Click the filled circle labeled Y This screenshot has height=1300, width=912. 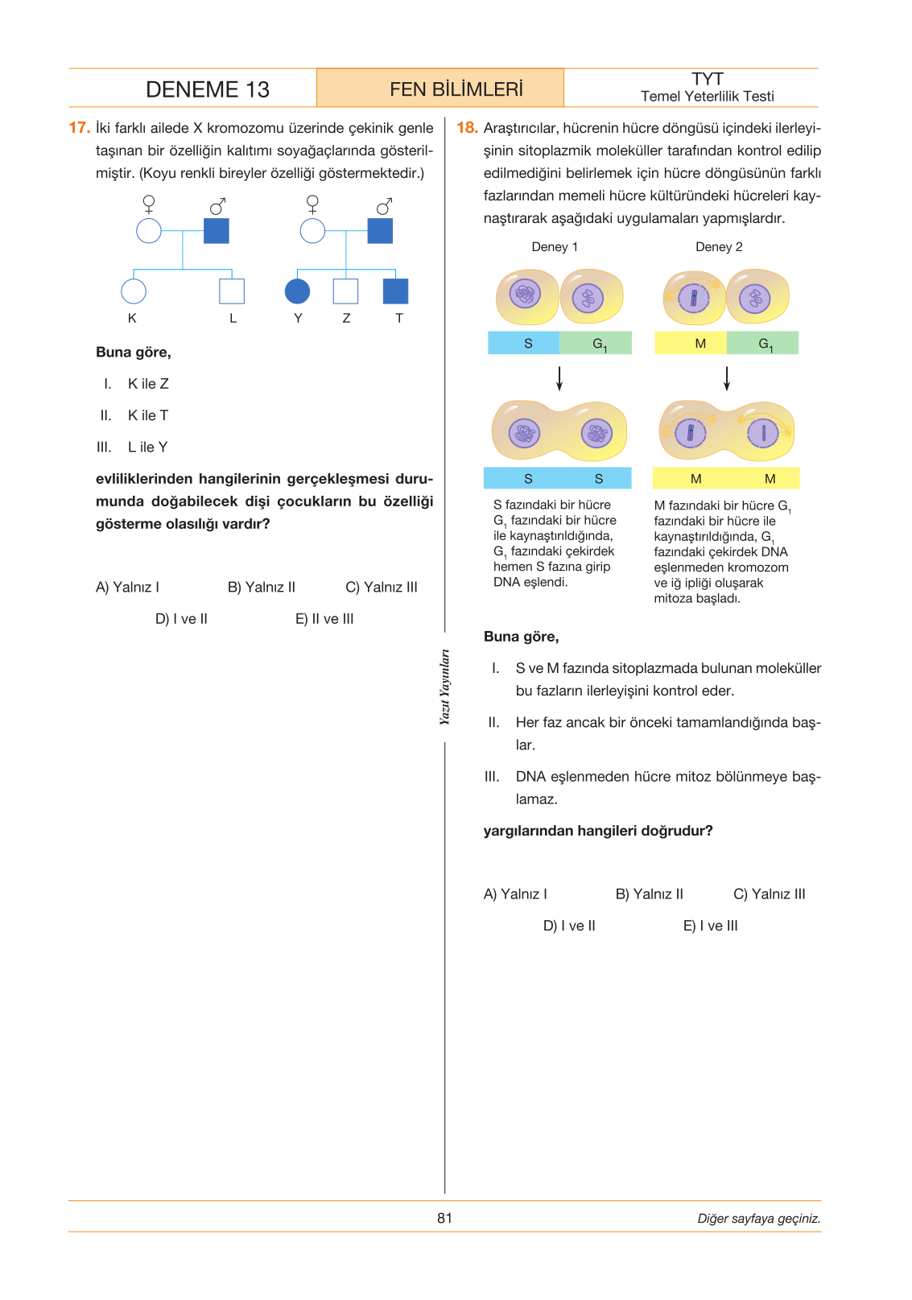[x=297, y=291]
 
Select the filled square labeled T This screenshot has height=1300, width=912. [x=395, y=291]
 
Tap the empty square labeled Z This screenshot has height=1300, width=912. [x=345, y=291]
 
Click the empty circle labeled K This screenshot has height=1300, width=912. [x=133, y=291]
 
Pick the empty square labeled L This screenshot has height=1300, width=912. [x=232, y=291]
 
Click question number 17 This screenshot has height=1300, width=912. [x=79, y=128]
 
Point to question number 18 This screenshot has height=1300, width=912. [x=467, y=128]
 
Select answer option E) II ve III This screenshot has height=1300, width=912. [x=324, y=619]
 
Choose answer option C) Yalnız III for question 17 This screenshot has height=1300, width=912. [x=381, y=587]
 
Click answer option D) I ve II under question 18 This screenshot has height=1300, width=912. [x=569, y=926]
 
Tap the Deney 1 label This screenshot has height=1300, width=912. [x=555, y=246]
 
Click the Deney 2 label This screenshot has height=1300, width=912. [x=719, y=246]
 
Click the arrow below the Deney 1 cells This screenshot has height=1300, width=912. [x=559, y=378]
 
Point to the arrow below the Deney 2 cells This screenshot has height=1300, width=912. [x=726, y=378]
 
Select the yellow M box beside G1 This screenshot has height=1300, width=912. [x=691, y=343]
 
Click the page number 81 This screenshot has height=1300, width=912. [x=444, y=1218]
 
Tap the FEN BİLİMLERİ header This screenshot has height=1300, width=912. [x=456, y=89]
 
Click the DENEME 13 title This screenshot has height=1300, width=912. [x=207, y=89]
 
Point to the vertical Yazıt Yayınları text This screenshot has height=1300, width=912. [x=444, y=687]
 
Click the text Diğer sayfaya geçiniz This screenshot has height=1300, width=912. [x=759, y=1218]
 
